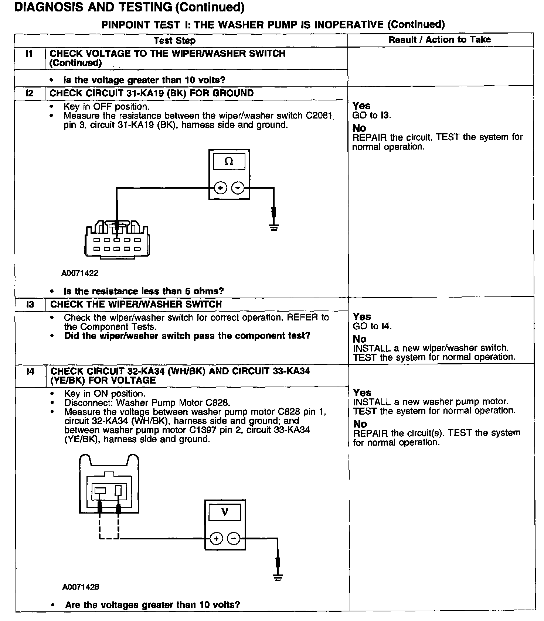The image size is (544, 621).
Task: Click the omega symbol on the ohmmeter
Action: click(229, 162)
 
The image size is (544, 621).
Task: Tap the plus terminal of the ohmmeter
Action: click(221, 188)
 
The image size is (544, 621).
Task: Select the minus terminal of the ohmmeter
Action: click(238, 188)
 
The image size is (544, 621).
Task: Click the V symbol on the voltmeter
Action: click(225, 512)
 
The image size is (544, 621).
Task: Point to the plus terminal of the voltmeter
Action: click(216, 539)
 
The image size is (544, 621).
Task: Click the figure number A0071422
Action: click(80, 273)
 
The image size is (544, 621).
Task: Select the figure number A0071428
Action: click(81, 587)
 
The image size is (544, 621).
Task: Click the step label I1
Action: click(29, 54)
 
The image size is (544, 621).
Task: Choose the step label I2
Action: click(29, 93)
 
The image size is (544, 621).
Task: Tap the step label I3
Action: click(30, 304)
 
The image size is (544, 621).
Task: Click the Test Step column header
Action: click(174, 40)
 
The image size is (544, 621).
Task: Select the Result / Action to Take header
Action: click(439, 40)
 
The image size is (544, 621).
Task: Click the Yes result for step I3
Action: click(362, 317)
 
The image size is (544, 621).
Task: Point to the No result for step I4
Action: click(360, 424)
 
